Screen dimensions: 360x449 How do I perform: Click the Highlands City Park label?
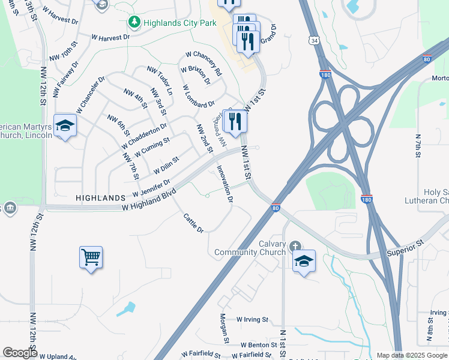173,23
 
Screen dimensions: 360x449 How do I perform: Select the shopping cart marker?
91,258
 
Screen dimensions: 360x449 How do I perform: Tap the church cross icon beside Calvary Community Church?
295,247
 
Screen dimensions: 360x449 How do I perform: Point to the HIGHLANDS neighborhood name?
100,197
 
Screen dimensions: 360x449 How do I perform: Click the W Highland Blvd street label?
149,199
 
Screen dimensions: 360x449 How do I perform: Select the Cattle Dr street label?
193,223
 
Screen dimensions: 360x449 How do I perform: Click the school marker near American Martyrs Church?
65,126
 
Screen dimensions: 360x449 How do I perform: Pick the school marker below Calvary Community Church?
304,262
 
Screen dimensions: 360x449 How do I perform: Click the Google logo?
20,353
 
